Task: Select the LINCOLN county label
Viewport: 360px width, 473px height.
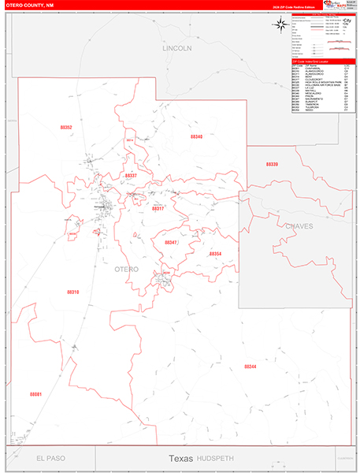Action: tap(177, 48)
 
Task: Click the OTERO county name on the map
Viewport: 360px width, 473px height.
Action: tap(127, 269)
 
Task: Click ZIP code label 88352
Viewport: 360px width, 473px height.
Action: tap(66, 127)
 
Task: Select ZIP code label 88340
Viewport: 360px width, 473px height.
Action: tap(196, 136)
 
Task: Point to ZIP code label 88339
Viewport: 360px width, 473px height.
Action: tap(272, 163)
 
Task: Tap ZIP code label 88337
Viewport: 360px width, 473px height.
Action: tap(131, 175)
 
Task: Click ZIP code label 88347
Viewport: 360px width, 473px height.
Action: tap(171, 242)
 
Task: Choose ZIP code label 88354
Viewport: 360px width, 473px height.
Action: tap(215, 253)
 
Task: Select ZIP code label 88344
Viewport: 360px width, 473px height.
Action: tap(251, 367)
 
